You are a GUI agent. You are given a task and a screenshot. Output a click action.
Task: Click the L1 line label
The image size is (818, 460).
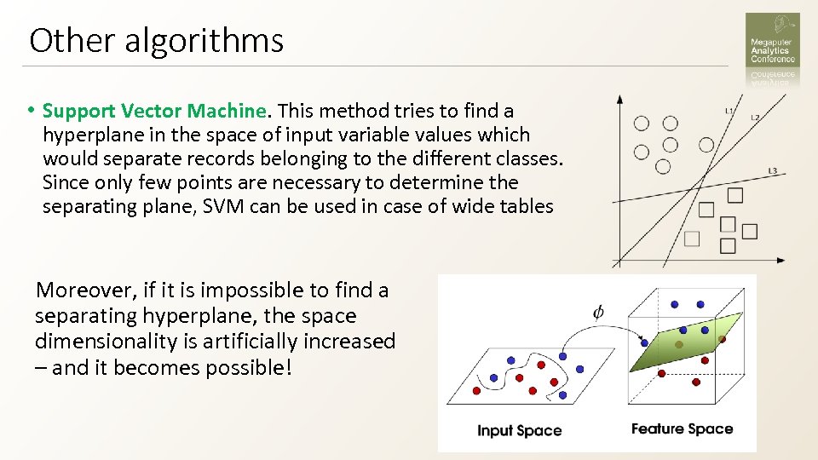click(729, 112)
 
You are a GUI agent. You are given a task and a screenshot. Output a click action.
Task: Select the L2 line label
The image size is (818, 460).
click(755, 118)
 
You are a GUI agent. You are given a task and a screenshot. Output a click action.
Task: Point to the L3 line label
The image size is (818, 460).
click(772, 171)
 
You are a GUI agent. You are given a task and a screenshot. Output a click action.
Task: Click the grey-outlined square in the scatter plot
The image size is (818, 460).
click(692, 239)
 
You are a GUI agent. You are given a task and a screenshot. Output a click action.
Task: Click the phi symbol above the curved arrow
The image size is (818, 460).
click(598, 312)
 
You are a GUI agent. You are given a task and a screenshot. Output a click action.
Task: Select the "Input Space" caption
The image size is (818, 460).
click(519, 430)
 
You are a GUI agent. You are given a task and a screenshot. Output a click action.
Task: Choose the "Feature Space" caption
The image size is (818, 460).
click(682, 428)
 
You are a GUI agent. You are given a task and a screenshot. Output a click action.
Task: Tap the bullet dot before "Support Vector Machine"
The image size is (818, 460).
click(30, 111)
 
